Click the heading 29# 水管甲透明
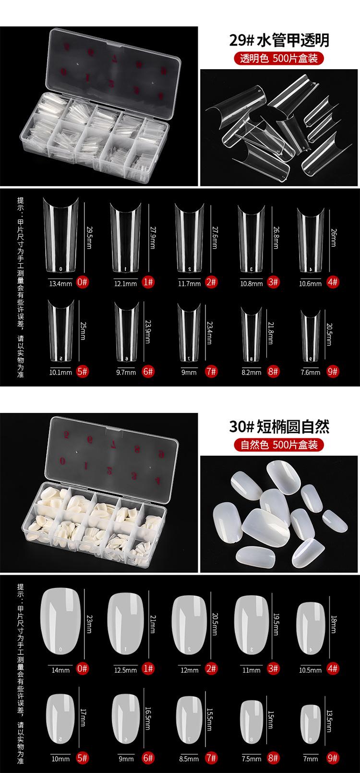279,40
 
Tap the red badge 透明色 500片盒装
279,59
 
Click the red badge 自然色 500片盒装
279,445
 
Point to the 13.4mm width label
60,283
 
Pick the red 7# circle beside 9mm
211,372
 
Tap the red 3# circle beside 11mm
273,668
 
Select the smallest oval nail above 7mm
311,725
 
